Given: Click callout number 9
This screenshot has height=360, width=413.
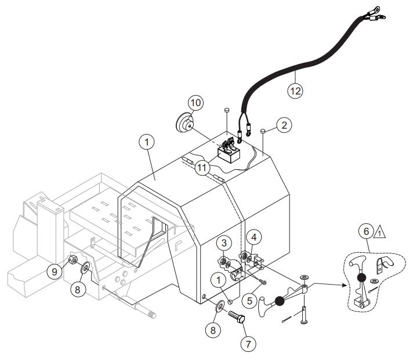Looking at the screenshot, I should coord(55,270).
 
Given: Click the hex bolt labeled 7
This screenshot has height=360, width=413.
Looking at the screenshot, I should coord(237,318).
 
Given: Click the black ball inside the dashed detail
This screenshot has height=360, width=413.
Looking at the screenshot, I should coord(361,278).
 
